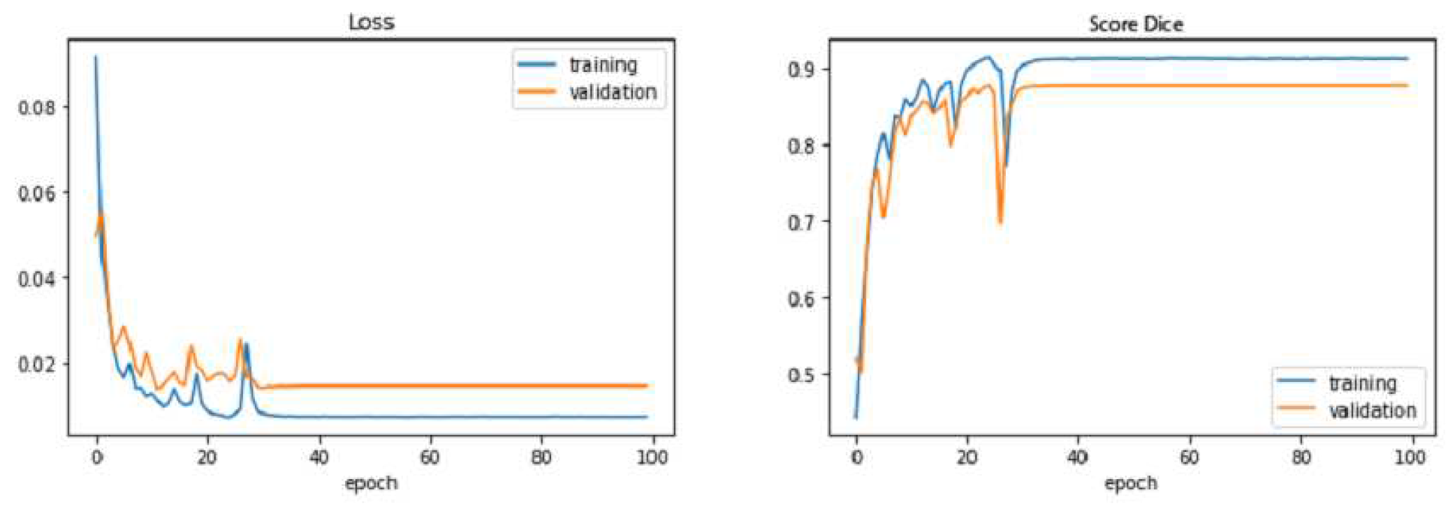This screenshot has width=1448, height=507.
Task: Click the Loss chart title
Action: click(371, 22)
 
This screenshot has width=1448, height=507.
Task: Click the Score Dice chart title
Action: click(1136, 24)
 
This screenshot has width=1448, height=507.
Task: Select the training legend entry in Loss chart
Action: click(603, 65)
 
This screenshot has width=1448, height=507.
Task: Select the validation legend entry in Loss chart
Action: click(612, 92)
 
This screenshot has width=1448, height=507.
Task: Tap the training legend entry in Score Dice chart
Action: click(1362, 383)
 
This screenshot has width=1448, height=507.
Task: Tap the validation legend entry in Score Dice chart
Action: click(1372, 411)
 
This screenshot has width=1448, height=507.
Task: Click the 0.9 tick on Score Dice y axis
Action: click(801, 69)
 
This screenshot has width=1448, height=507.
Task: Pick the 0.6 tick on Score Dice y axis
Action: click(801, 299)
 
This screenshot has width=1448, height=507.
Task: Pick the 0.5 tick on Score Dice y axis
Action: click(801, 375)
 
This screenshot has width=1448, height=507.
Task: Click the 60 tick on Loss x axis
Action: click(430, 457)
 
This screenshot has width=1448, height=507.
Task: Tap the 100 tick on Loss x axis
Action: click(652, 457)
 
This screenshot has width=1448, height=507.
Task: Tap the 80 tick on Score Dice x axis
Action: click(1301, 457)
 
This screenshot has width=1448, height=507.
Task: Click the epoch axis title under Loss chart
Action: click(371, 483)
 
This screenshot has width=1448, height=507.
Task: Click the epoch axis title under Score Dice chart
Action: click(1130, 483)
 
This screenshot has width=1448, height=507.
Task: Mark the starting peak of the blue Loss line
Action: click(96, 57)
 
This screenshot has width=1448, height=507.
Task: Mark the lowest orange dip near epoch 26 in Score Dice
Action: click(1000, 223)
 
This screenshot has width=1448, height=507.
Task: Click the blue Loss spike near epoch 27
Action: click(246, 344)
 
